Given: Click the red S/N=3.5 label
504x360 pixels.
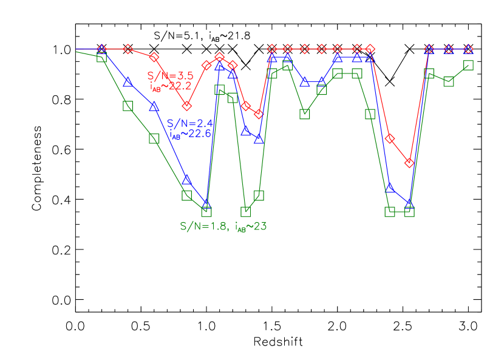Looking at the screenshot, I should pyautogui.click(x=170, y=76).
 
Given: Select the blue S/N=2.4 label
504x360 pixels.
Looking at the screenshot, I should pyautogui.click(x=189, y=123).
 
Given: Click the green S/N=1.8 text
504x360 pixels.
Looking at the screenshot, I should pyautogui.click(x=203, y=226).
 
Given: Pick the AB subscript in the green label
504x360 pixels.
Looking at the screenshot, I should pyautogui.click(x=242, y=229).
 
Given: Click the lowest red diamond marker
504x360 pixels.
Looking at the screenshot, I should pyautogui.click(x=409, y=163).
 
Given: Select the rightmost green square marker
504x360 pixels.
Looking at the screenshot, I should pyautogui.click(x=468, y=65).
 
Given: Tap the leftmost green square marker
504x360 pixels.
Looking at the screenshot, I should pyautogui.click(x=101, y=58).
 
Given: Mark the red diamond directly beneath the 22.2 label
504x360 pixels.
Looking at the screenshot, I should pyautogui.click(x=186, y=106).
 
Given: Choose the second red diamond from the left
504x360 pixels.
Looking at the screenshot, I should pyautogui.click(x=128, y=49).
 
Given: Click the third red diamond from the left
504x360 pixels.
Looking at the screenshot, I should pyautogui.click(x=154, y=56).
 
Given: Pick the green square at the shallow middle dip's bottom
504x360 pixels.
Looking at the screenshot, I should pyautogui.click(x=305, y=114).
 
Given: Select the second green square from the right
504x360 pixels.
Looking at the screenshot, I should pyautogui.click(x=449, y=81).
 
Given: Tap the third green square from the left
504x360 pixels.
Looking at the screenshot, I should pyautogui.click(x=154, y=138).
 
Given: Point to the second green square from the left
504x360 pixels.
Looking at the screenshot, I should pyautogui.click(x=128, y=106).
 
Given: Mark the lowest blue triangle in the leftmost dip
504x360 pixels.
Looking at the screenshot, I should pyautogui.click(x=206, y=203).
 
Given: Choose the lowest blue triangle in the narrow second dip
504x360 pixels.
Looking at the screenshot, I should pyautogui.click(x=259, y=139).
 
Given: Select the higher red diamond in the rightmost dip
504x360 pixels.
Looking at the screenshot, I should pyautogui.click(x=390, y=138).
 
